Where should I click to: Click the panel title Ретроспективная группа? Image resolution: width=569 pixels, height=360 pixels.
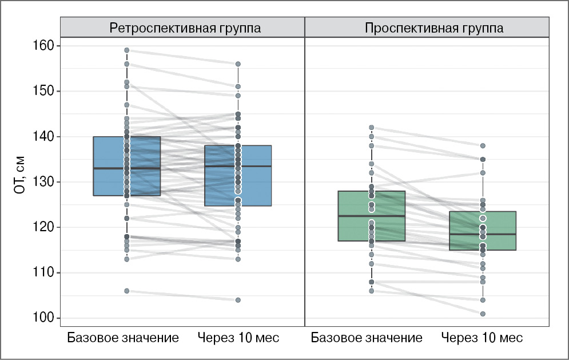182,28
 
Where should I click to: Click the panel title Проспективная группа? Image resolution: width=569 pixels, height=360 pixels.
427,28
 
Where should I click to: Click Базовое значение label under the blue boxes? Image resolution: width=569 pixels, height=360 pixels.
123,337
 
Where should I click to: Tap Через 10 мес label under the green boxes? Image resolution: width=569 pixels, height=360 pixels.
483,337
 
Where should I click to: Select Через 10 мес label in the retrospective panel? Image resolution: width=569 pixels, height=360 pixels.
238,337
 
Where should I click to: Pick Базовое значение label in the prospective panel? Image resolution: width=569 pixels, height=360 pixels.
367,337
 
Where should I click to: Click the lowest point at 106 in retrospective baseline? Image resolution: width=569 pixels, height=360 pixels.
126,291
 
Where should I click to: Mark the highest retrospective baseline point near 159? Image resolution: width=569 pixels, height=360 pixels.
126,50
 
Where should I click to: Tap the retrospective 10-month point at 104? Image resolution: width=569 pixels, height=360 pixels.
238,300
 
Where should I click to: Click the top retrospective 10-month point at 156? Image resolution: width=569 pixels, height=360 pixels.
238,64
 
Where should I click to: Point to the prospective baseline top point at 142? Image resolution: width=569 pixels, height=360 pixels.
371,128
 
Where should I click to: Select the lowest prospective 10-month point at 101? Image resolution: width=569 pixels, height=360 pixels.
483,314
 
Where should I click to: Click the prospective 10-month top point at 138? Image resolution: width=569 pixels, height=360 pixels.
483,146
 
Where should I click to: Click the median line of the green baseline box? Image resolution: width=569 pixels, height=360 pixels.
371,216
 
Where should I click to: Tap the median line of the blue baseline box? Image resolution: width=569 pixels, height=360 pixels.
126,168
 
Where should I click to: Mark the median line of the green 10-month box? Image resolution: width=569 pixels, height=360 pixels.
483,234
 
